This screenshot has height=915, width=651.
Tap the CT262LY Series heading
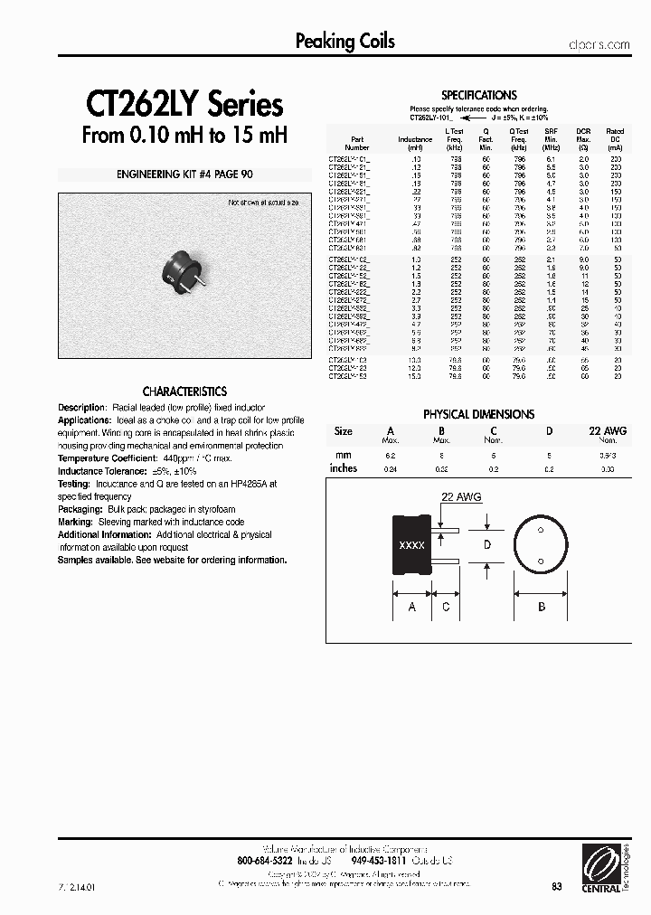184,106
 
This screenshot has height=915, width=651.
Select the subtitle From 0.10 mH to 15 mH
184,137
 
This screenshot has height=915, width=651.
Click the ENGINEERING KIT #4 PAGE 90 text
184,175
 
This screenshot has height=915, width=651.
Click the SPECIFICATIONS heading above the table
478,95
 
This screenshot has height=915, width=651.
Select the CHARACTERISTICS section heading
184,391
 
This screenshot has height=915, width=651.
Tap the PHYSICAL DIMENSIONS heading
478,414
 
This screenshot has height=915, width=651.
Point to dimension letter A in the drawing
411,608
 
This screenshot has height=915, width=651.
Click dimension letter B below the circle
542,608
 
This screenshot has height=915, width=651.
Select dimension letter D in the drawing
486,545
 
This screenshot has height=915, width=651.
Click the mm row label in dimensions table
343,455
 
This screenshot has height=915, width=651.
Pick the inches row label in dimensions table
344,468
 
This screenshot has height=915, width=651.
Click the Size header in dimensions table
344,431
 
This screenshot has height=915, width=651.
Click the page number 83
556,888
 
